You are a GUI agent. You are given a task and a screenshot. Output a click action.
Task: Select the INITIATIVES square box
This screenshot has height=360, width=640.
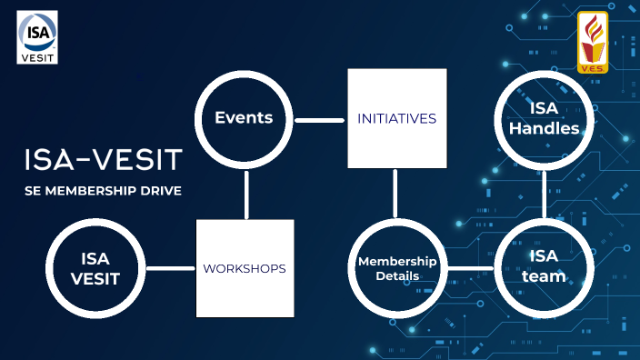(396, 119)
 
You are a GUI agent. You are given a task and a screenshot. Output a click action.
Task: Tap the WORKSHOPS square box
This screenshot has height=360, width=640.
(245, 268)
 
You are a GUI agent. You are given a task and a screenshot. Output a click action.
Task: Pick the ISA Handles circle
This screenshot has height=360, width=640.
(544, 119)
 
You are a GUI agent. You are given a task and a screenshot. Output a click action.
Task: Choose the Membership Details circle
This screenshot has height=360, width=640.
(396, 268)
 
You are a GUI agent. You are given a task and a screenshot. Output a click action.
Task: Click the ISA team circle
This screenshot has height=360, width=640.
(544, 268)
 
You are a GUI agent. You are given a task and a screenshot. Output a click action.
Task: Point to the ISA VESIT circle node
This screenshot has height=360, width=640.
(95, 268)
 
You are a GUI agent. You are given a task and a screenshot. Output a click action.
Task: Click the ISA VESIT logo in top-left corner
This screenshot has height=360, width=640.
(37, 37)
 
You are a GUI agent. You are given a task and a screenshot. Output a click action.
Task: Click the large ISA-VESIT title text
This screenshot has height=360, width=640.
(103, 159)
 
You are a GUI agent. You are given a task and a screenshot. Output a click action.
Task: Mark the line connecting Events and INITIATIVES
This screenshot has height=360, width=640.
(319, 119)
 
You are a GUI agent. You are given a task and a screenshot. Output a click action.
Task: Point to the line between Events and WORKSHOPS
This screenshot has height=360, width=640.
(246, 193)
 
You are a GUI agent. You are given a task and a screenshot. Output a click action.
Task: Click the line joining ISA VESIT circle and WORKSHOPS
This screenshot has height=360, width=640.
(170, 268)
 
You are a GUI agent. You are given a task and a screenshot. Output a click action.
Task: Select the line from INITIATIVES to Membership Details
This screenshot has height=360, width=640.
(395, 193)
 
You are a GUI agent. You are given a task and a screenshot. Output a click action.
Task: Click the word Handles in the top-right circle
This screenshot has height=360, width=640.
(544, 129)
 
